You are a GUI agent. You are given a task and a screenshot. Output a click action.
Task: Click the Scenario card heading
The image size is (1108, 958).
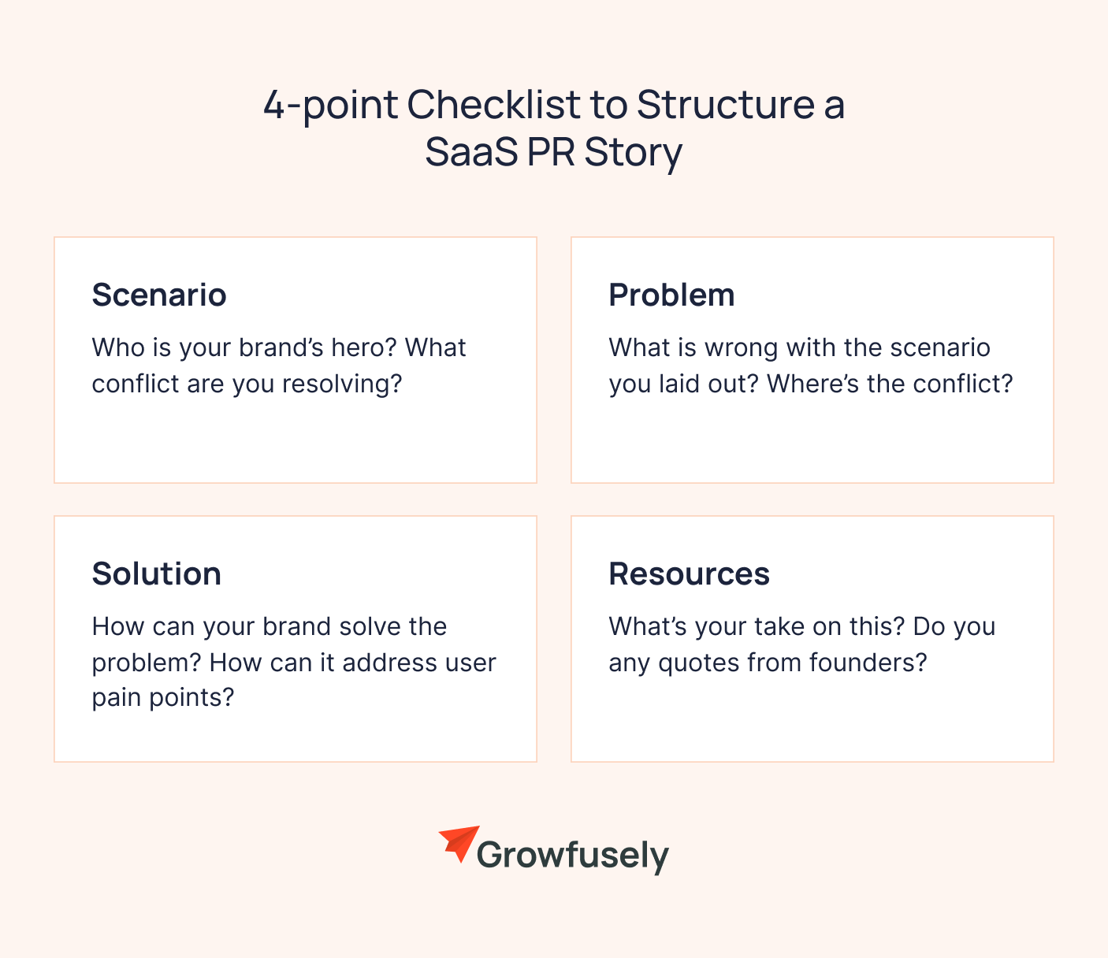pyautogui.click(x=159, y=295)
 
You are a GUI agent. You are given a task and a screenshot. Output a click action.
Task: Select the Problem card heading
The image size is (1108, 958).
pyautogui.click(x=671, y=295)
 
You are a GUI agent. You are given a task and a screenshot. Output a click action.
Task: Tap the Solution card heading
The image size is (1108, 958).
pyautogui.click(x=156, y=574)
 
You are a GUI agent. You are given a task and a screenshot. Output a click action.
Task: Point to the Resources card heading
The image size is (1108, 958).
pyautogui.click(x=689, y=574)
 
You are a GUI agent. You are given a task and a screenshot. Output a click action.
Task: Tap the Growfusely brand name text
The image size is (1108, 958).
pyautogui.click(x=573, y=856)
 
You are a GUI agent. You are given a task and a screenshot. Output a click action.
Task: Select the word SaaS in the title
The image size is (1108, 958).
pyautogui.click(x=471, y=152)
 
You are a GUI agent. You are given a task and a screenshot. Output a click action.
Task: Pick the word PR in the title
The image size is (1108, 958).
pyautogui.click(x=552, y=152)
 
